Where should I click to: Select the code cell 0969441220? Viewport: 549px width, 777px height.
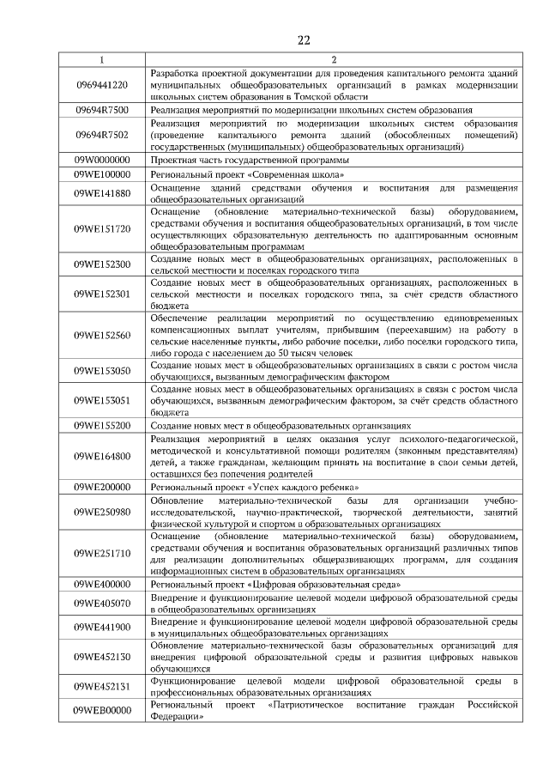101,85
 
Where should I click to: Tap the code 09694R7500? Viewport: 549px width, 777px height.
101,111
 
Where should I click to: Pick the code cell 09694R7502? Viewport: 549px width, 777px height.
101,135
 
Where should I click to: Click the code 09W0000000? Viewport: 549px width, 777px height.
101,160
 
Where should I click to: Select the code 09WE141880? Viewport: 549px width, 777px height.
101,192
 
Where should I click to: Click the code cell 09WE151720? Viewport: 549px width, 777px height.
101,228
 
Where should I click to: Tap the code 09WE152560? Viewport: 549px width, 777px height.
101,335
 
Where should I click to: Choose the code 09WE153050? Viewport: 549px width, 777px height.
101,370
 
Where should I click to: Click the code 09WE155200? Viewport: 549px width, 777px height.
101,425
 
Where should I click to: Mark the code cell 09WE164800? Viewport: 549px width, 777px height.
101,456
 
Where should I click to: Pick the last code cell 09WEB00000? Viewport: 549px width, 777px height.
101,710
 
